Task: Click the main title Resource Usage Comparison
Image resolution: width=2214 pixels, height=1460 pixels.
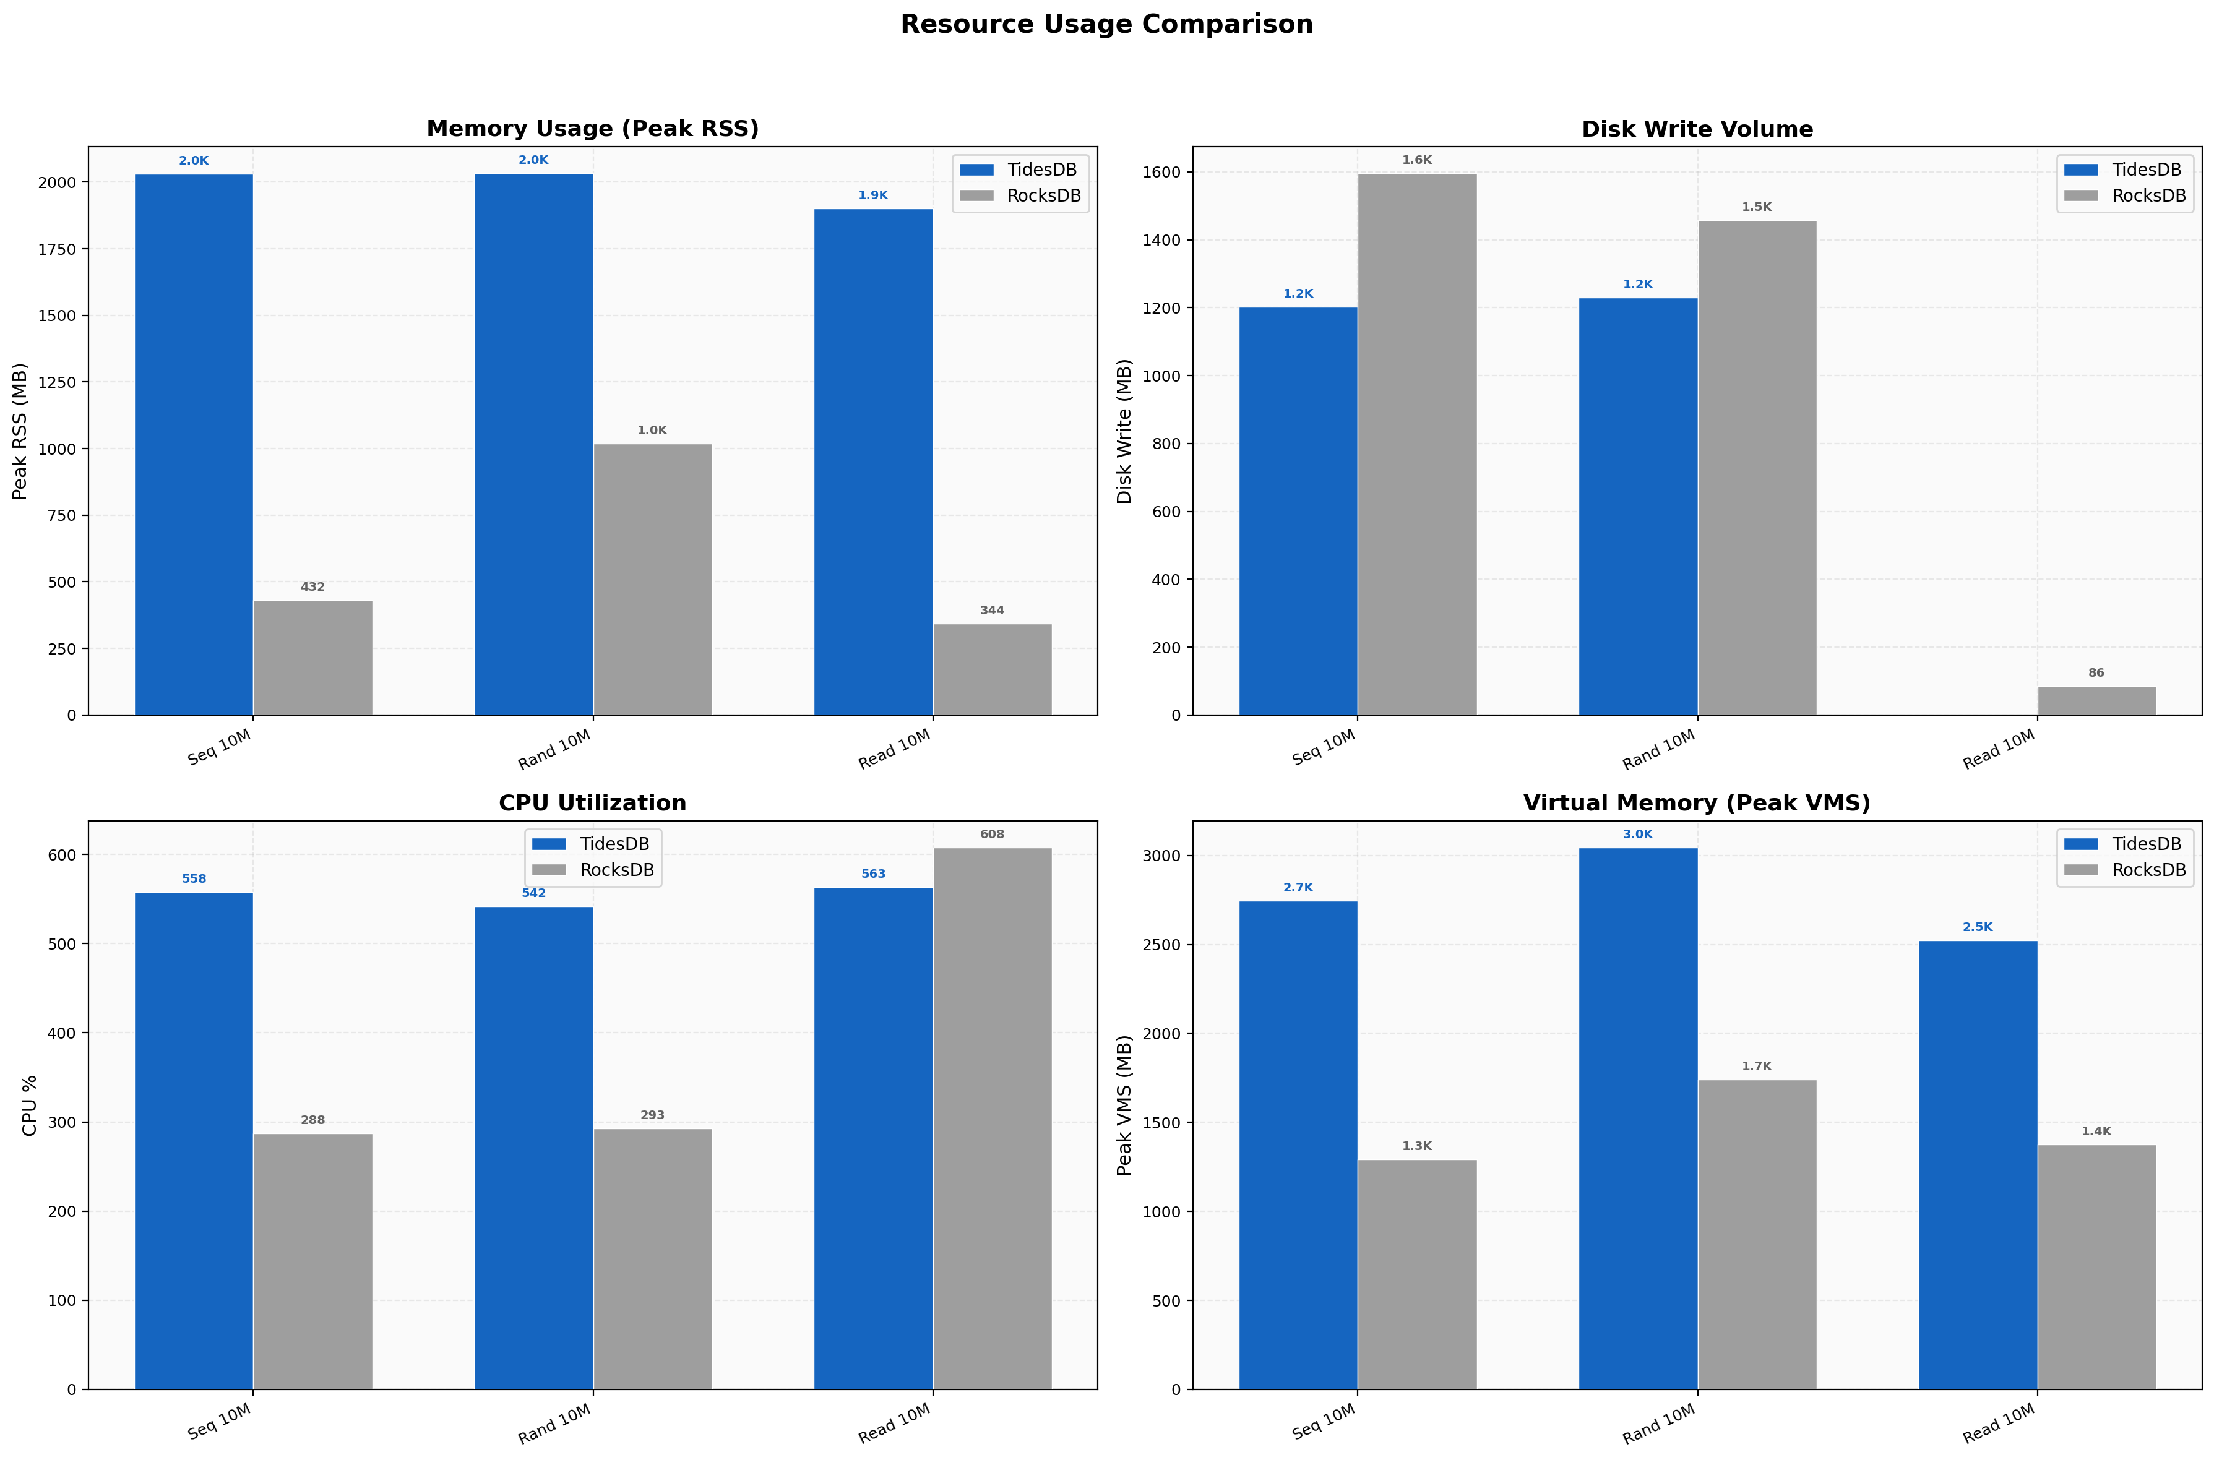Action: [1106, 24]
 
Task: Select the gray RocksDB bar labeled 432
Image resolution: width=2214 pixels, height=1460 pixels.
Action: [313, 658]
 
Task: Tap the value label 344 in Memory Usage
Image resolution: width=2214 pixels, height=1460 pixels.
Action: [991, 611]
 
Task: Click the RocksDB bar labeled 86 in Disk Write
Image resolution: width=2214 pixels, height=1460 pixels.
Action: [2096, 701]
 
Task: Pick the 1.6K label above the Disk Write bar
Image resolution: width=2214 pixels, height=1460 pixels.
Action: [1416, 160]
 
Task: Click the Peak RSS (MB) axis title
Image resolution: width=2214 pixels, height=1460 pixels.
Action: [20, 431]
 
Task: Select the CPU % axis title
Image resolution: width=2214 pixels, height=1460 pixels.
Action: [29, 1106]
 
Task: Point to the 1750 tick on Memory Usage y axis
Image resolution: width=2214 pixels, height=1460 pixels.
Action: [58, 249]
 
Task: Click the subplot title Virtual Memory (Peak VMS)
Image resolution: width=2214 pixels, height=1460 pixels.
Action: [1695, 802]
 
